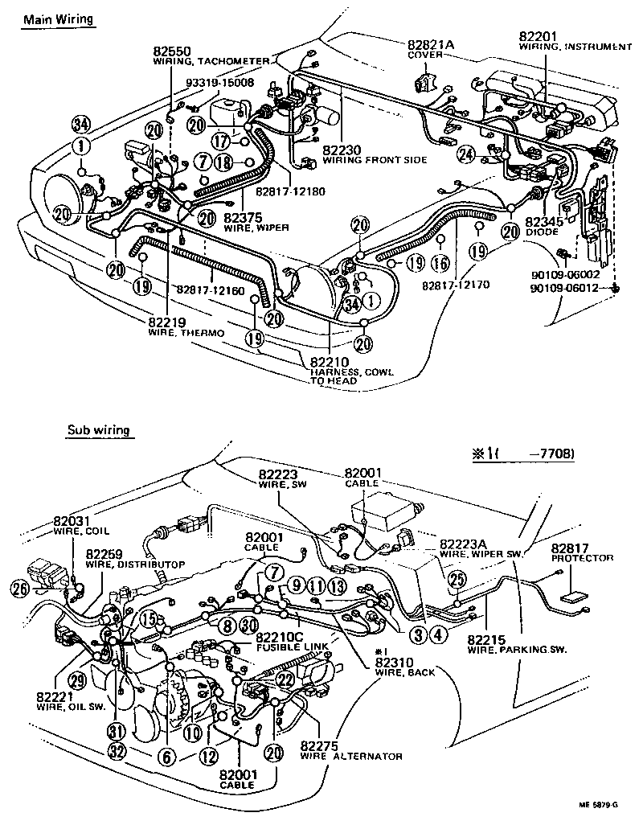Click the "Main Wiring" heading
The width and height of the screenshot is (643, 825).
tap(57, 18)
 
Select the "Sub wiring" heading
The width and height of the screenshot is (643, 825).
tap(99, 431)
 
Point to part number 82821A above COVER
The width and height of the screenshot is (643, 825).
tap(431, 44)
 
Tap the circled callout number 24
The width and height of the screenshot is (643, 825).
tap(465, 154)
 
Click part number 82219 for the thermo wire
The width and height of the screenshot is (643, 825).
tap(168, 322)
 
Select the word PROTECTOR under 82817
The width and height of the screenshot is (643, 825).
tap(583, 558)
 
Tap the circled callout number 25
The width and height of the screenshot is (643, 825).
tap(457, 580)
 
